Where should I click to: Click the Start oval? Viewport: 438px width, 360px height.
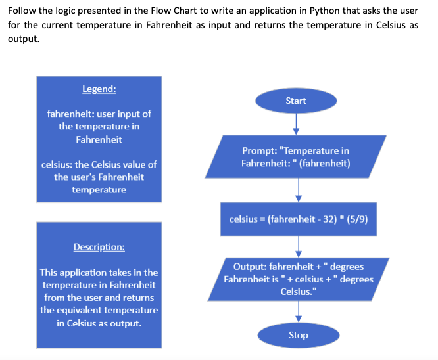(296, 101)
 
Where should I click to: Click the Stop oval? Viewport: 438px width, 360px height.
(298, 335)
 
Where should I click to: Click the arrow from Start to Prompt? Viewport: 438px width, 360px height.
(296, 123)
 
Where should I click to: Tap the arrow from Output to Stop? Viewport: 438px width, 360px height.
(299, 311)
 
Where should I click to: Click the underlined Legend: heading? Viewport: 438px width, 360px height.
(99, 89)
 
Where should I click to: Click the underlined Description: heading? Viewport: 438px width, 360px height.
(99, 247)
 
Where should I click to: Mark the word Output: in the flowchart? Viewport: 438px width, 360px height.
(251, 267)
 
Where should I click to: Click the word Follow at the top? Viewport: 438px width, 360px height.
(22, 11)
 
